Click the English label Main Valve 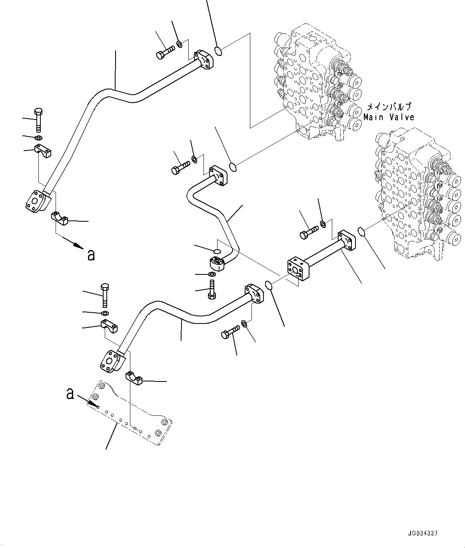tap(389, 117)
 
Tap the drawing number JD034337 tap(423, 533)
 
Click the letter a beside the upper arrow tap(91, 254)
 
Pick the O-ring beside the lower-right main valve tap(361, 231)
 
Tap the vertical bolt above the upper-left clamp tap(38, 119)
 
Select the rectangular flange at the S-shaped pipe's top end tap(218, 176)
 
